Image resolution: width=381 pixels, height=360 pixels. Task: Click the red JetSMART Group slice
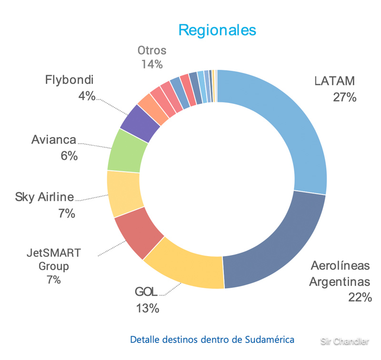(x=138, y=234)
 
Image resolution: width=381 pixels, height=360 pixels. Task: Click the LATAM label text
(x=335, y=81)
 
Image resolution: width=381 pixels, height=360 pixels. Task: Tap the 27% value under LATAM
(x=344, y=97)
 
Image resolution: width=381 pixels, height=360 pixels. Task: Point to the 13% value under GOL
(x=147, y=309)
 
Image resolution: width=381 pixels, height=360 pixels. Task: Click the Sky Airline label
(x=44, y=196)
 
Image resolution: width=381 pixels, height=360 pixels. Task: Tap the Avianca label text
(x=53, y=140)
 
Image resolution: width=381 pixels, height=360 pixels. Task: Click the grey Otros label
(x=152, y=50)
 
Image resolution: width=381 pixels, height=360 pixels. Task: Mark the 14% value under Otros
(x=152, y=64)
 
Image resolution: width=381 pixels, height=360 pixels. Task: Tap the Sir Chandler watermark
(x=344, y=341)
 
